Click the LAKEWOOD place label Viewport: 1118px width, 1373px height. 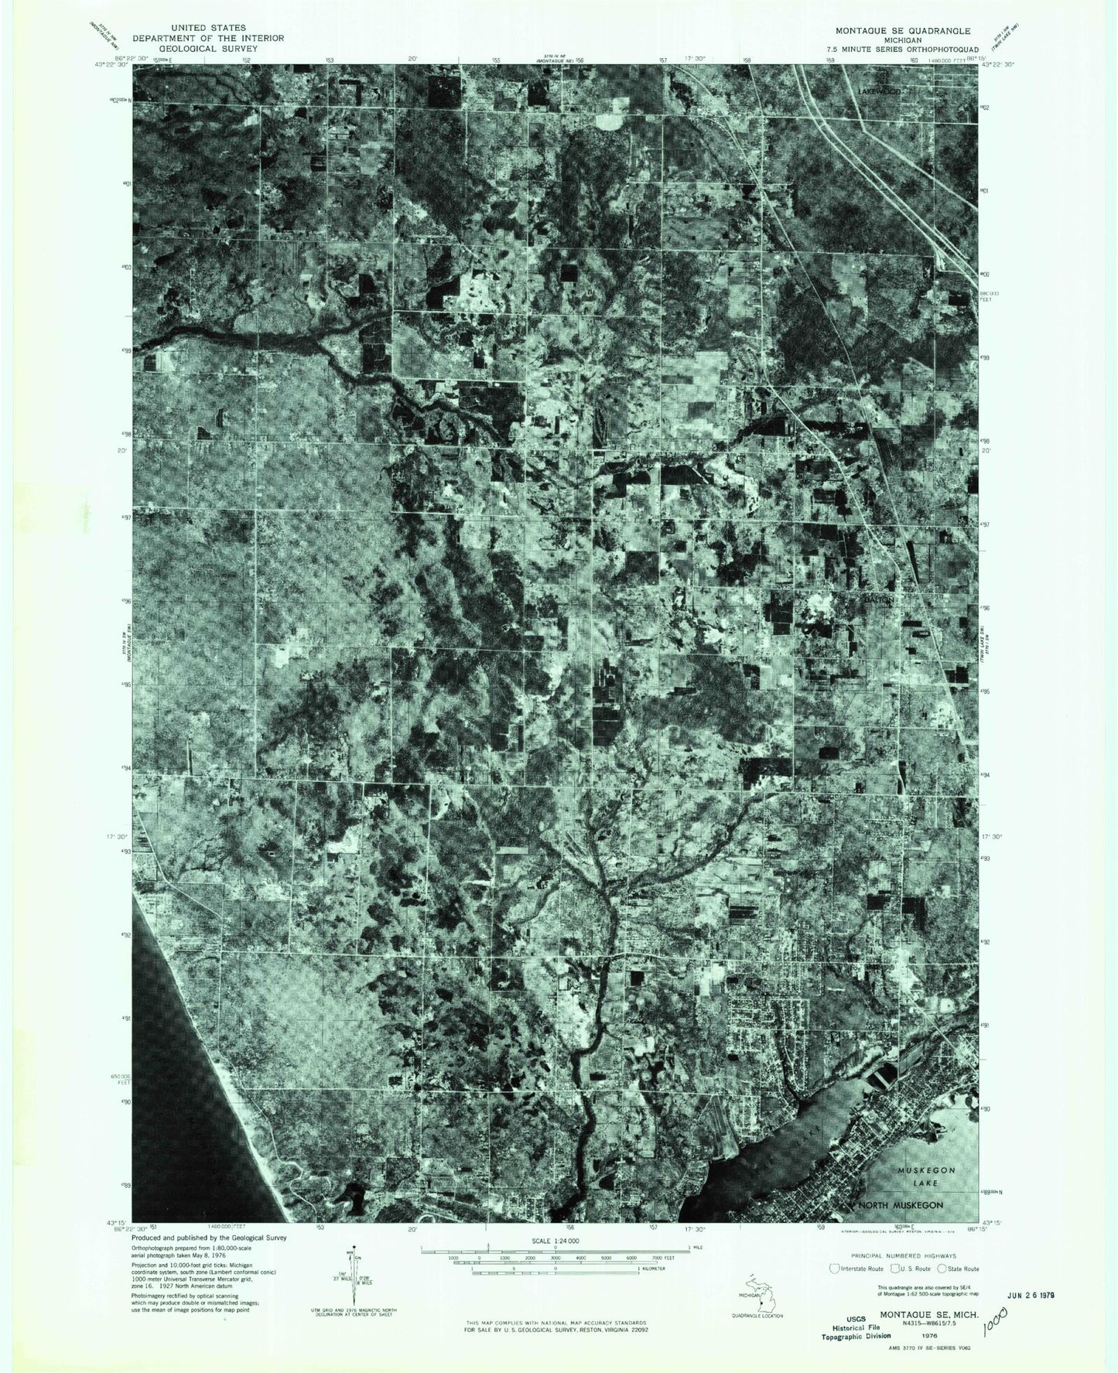[x=880, y=91]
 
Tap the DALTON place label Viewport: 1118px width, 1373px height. [x=879, y=599]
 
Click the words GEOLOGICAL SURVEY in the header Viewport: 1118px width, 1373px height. [x=208, y=48]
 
